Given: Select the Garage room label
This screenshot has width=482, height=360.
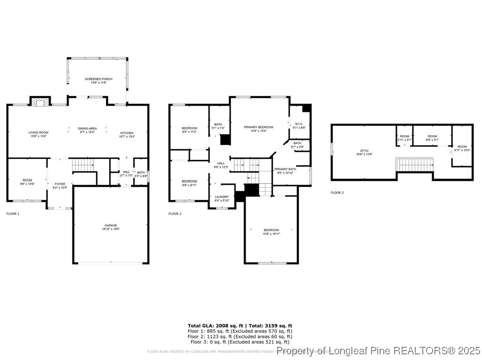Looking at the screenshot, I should click(111, 226).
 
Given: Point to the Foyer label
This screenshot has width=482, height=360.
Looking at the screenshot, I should click(60, 184).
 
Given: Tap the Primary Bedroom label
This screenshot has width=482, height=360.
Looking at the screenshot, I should click(258, 127).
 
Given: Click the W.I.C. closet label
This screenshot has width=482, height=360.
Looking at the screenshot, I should click(299, 124).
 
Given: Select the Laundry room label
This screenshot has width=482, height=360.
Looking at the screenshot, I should click(222, 197).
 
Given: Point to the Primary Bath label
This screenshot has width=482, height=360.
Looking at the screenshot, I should click(285, 169).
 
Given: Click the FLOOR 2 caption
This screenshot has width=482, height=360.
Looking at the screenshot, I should click(174, 214).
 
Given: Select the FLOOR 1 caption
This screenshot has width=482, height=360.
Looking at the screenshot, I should click(13, 214).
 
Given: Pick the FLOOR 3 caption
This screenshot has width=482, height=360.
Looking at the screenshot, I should click(337, 193).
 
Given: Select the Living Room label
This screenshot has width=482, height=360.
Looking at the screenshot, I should click(39, 133).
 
